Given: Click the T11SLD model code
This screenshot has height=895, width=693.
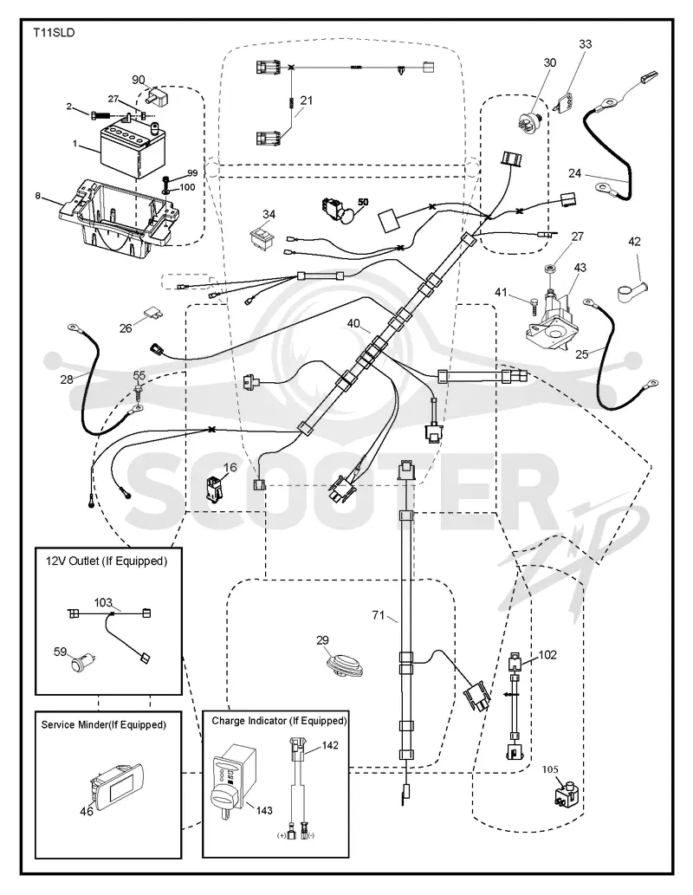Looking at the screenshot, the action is (54, 33).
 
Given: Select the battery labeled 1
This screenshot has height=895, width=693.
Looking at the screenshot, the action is (130, 146).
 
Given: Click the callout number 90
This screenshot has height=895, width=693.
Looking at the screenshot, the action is (139, 80).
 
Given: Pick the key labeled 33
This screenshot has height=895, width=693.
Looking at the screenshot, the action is (567, 101).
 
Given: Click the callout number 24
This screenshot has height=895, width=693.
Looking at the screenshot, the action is (575, 172).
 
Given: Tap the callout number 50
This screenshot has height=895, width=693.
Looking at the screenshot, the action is (363, 203).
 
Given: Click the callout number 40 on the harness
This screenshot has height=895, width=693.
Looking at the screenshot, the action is (353, 324).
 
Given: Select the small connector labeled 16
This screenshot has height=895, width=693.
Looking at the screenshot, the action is (216, 490).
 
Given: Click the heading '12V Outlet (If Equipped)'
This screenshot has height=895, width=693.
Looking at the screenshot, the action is (107, 561).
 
